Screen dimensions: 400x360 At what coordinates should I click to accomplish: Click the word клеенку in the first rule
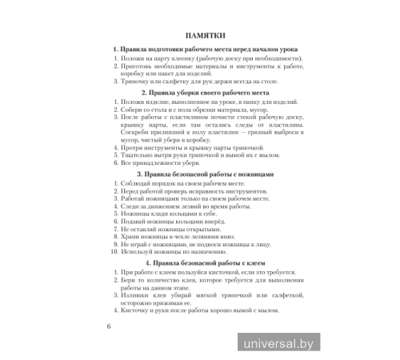pos(176,60)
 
